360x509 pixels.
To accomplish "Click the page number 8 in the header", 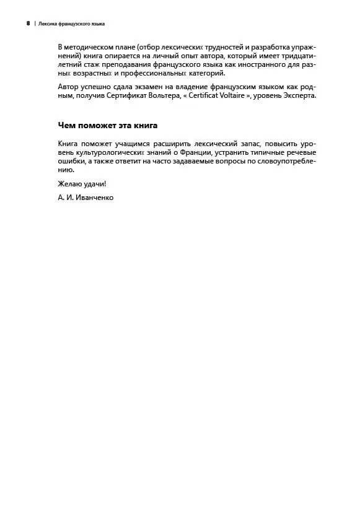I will pos(28,24).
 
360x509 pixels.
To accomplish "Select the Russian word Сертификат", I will pos(141,97).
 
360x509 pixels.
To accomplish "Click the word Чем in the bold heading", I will pos(66,125).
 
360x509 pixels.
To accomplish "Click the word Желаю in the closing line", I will pos(69,184).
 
